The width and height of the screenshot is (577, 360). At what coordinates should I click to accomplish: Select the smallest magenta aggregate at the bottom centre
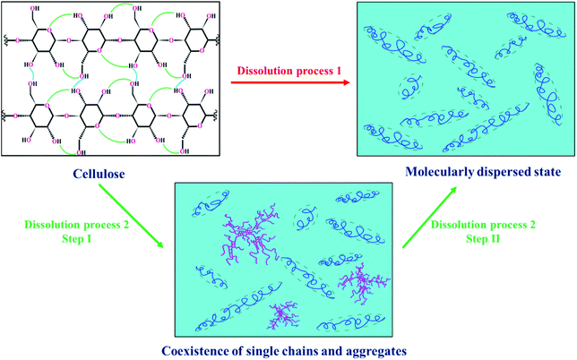[288, 314]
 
